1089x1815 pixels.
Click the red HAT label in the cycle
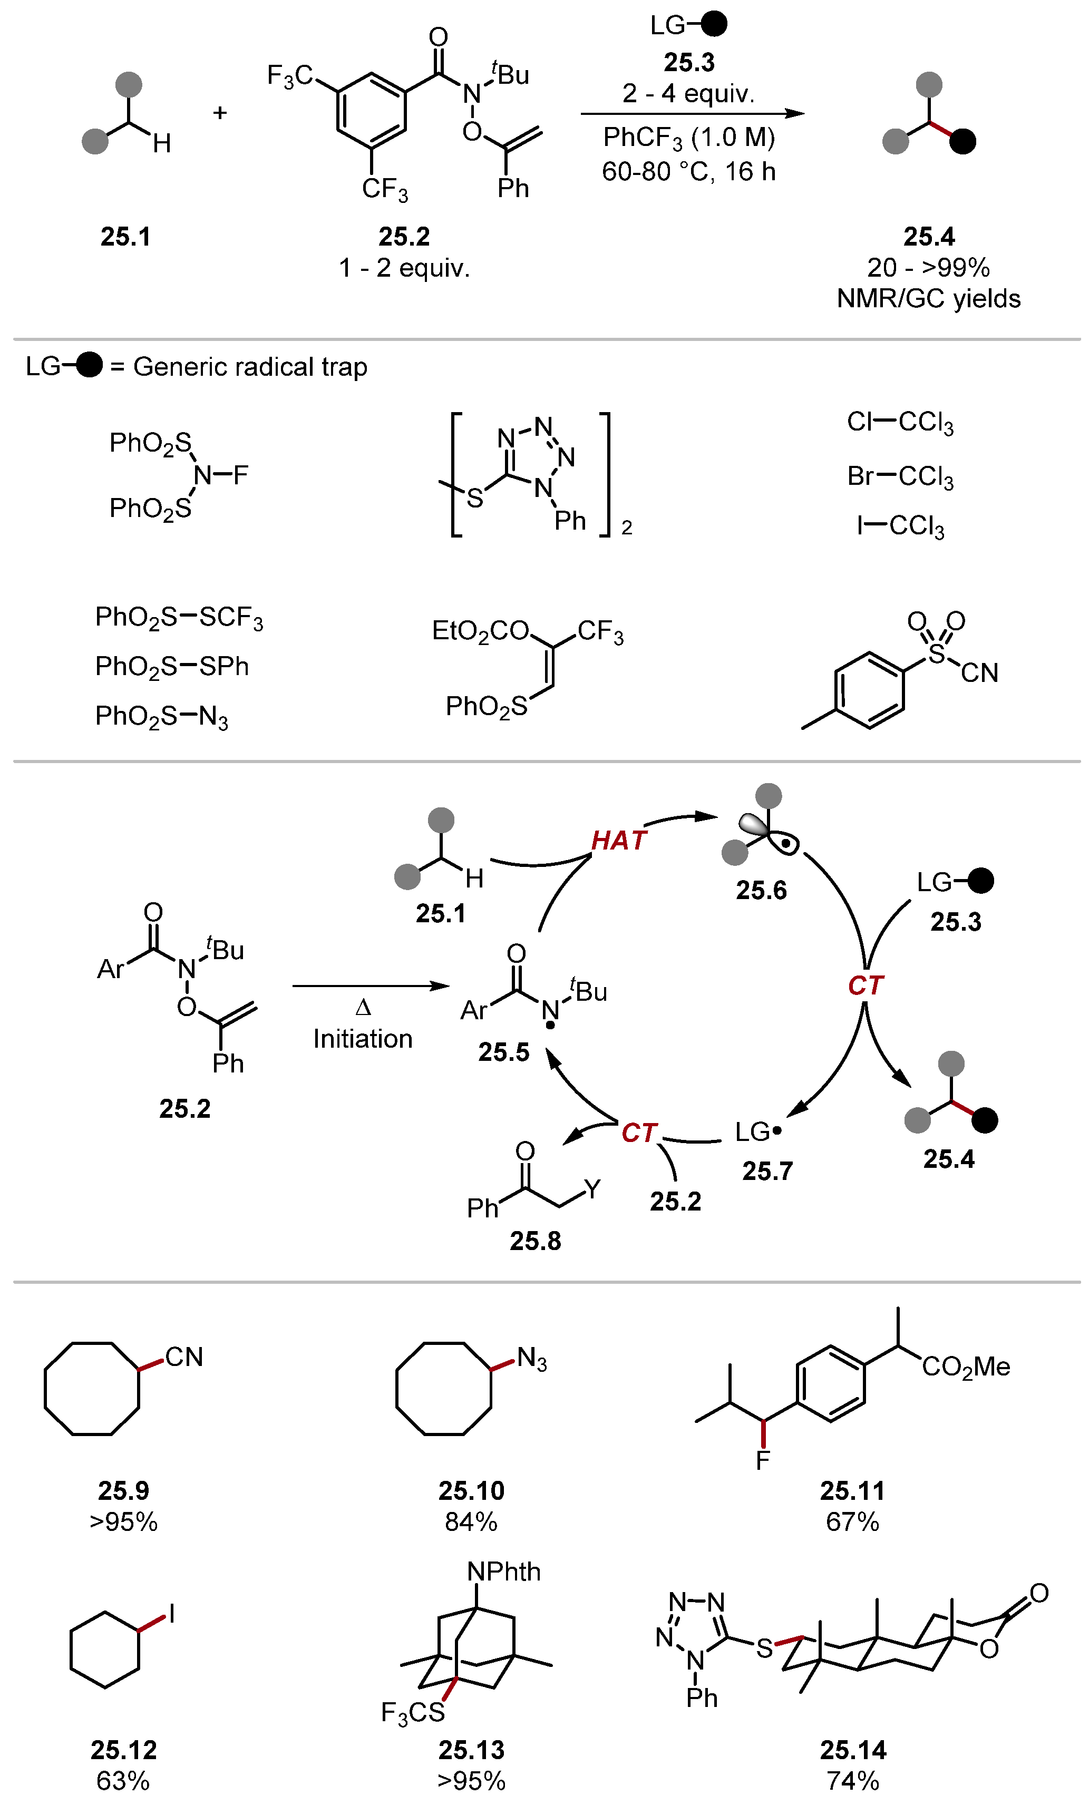pos(619,840)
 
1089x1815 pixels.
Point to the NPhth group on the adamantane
pos(503,1572)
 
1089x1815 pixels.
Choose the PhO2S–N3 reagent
pos(161,716)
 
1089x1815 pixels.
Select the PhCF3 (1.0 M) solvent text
pos(688,137)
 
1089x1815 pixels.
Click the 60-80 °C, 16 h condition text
pos(688,172)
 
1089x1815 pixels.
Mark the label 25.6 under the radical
pos(761,890)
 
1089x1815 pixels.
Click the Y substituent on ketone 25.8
pos(592,1188)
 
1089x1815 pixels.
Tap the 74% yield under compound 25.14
pos(853,1781)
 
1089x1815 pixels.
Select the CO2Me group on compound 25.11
pos(966,1366)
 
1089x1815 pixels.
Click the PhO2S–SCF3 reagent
pos(179,618)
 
